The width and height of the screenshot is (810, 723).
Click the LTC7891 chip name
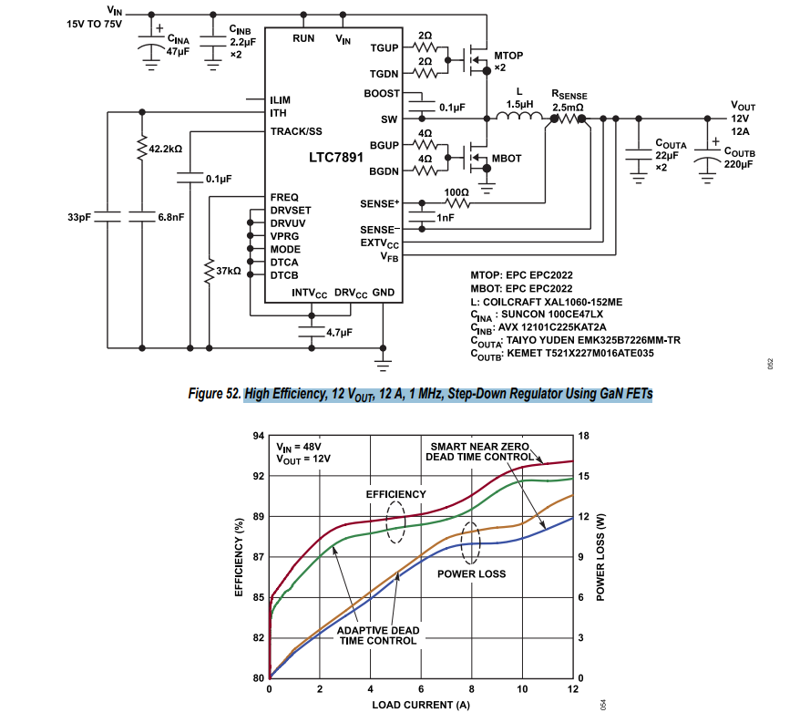[x=335, y=157]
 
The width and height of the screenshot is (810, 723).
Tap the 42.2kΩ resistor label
[x=166, y=148]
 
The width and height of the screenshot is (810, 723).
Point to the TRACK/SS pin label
[x=296, y=131]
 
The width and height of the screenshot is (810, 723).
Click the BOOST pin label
[x=381, y=93]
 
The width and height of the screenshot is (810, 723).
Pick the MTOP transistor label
[x=508, y=56]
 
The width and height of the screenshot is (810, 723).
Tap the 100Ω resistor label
[x=456, y=192]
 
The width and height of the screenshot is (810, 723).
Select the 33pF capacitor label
[x=79, y=217]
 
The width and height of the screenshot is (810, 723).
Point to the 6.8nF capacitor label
[x=171, y=217]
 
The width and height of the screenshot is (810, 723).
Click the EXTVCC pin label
[x=379, y=244]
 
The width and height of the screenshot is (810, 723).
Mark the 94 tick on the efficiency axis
[x=259, y=436]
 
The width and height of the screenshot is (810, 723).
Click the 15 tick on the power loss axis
[x=584, y=476]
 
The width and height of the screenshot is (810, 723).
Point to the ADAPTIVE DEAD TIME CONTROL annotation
[x=378, y=635]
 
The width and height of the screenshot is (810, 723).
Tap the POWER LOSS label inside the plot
[x=471, y=573]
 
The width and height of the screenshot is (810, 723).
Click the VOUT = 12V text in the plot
[x=304, y=460]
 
